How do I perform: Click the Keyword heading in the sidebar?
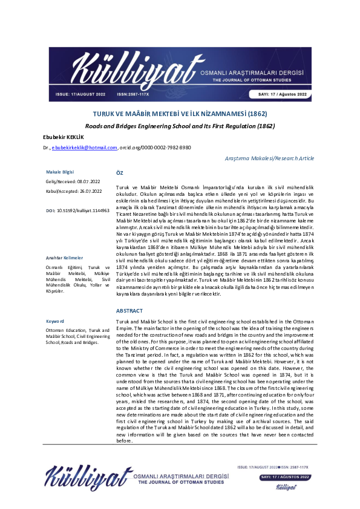click(x=56, y=321)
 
